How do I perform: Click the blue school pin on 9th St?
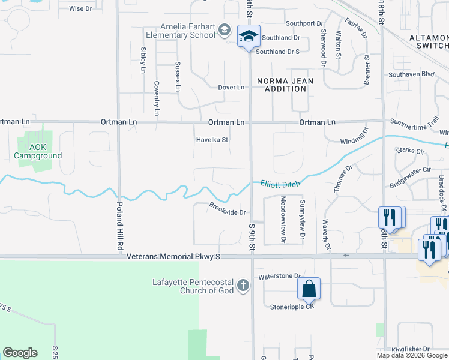pyautogui.click(x=249, y=37)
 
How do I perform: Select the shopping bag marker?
pyautogui.click(x=309, y=289)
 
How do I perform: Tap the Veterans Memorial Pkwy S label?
pyautogui.click(x=174, y=257)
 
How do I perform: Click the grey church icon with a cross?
pyautogui.click(x=243, y=285)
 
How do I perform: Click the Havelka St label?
pyautogui.click(x=213, y=140)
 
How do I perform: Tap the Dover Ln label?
pyautogui.click(x=231, y=88)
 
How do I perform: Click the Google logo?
pyautogui.click(x=20, y=353)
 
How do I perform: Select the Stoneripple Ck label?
pyautogui.click(x=292, y=306)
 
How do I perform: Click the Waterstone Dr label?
pyautogui.click(x=279, y=277)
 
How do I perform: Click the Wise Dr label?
pyautogui.click(x=80, y=8)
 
